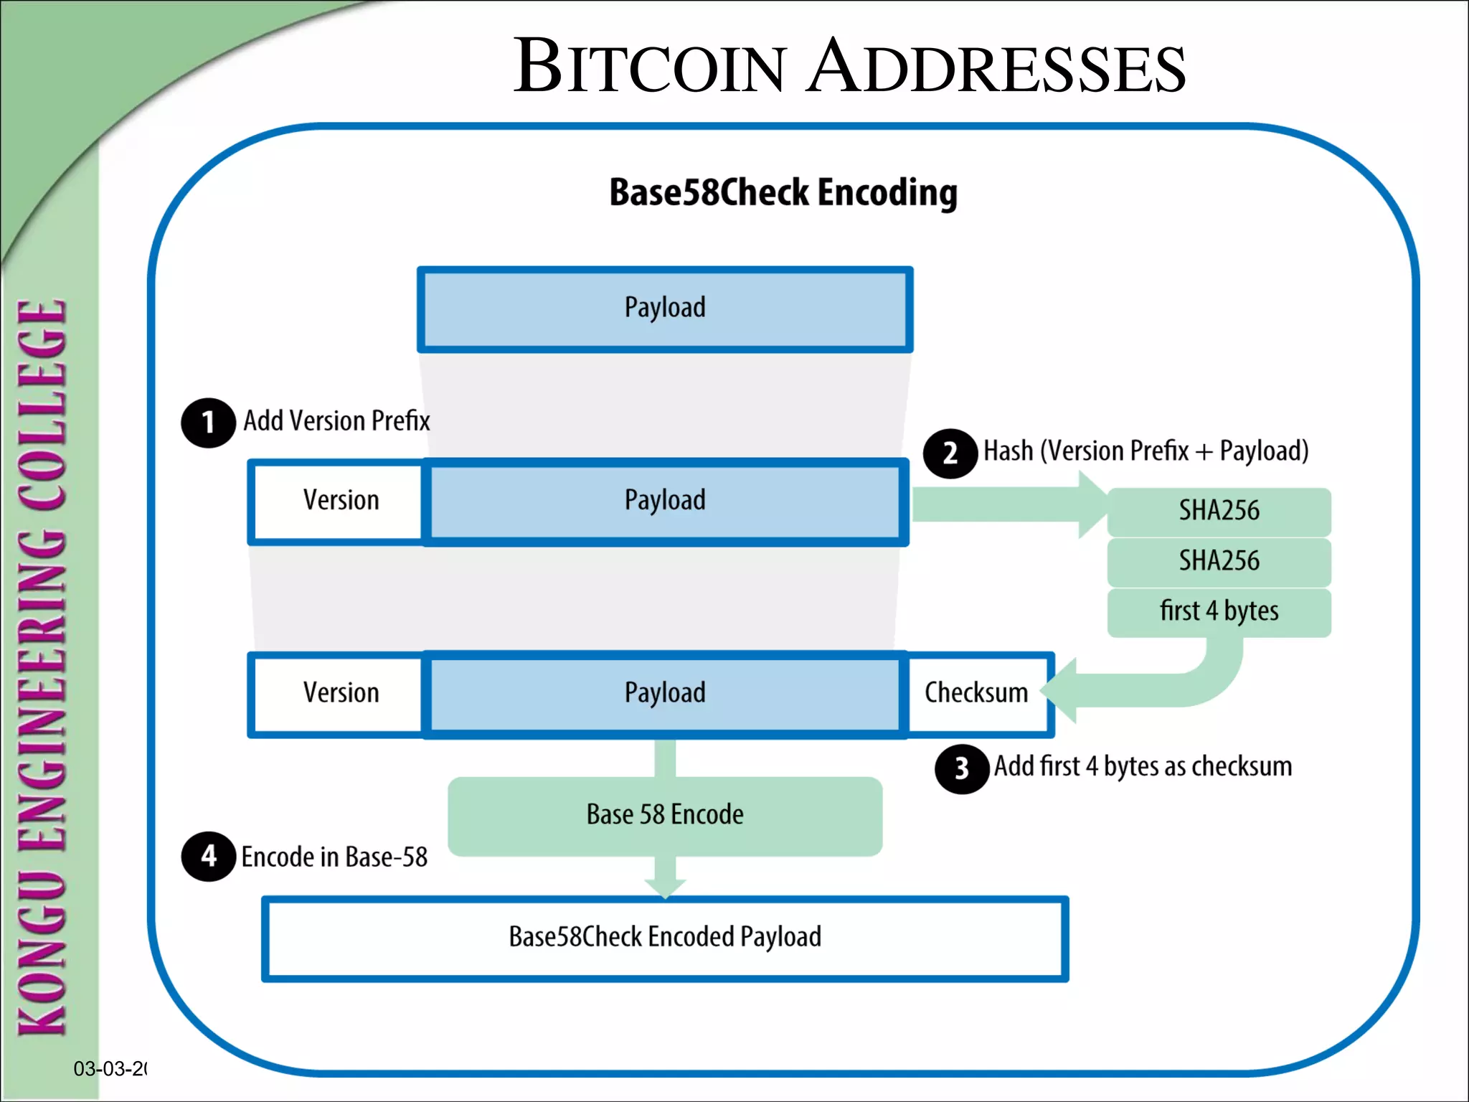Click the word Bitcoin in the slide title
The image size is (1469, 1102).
point(649,67)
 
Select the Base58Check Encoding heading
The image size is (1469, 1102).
point(783,192)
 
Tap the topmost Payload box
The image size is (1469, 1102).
point(665,309)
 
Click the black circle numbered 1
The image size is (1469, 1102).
point(208,423)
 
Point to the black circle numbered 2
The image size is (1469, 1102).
point(950,453)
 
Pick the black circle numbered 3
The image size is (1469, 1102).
point(962,769)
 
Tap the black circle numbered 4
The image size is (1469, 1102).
point(208,856)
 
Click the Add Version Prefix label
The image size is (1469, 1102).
point(336,420)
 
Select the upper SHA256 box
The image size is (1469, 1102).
point(1219,511)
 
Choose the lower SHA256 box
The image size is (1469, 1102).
point(1219,561)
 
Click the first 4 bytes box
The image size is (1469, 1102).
point(1219,611)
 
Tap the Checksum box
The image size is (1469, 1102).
point(976,693)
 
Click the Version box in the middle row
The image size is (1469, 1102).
point(340,501)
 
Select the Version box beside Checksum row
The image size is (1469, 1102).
point(340,694)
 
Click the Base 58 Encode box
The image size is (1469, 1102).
point(665,816)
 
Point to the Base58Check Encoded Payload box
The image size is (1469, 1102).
point(665,938)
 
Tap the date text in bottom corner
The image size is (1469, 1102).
point(110,1069)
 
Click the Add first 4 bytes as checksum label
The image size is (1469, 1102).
point(1143,767)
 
